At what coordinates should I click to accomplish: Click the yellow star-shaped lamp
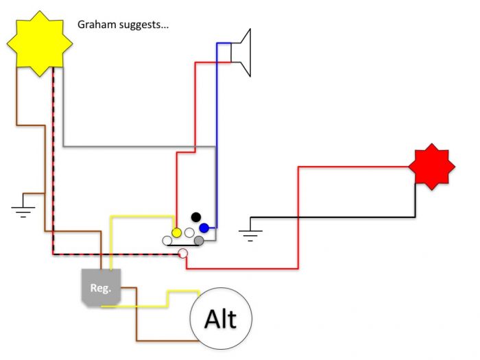coord(40,43)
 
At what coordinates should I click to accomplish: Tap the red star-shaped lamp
coord(430,167)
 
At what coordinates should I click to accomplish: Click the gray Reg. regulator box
coord(101,287)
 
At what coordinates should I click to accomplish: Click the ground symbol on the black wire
coord(250,234)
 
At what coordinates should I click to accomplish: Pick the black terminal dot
coord(195,217)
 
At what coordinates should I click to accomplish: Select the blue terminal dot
coord(204,228)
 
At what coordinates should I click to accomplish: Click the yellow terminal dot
coord(176,232)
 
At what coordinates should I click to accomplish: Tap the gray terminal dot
coord(199,241)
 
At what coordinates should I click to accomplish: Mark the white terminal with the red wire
coord(183,254)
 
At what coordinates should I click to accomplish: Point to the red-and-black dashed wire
coord(53,171)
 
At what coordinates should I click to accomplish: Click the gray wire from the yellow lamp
coord(123,146)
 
